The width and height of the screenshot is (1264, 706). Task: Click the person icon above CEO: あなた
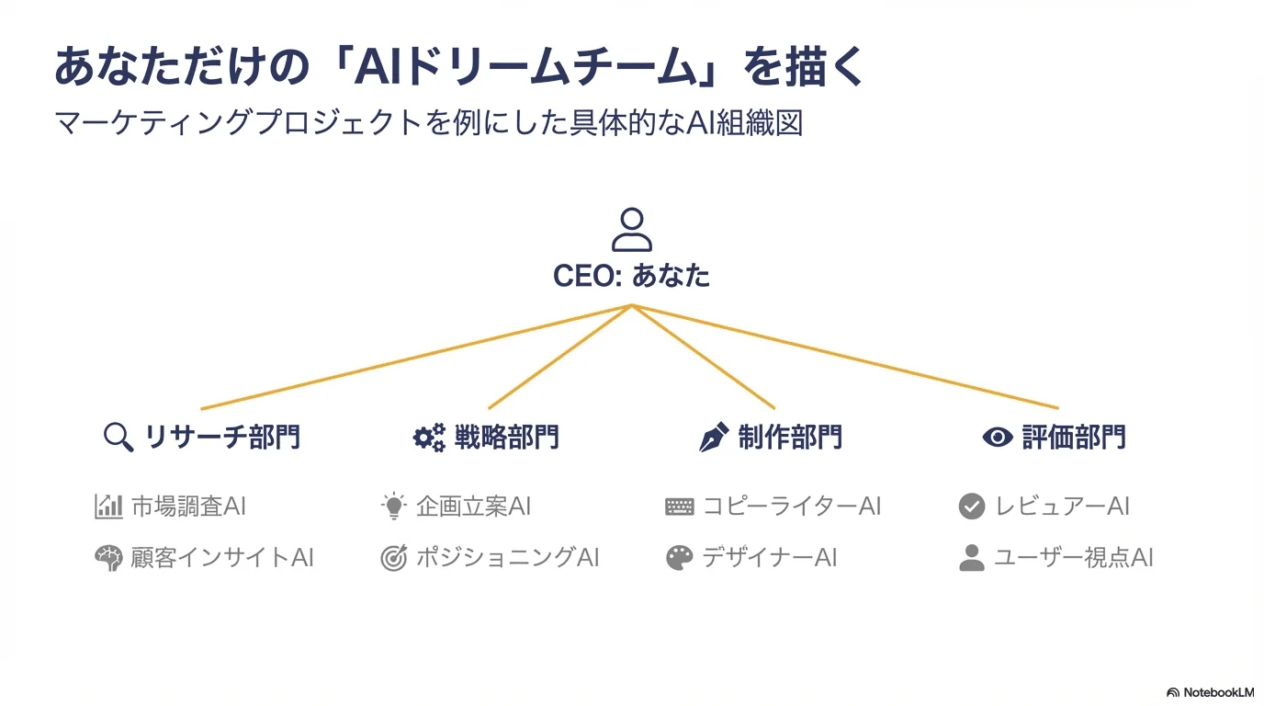631,230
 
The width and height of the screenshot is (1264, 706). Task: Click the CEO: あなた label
631,276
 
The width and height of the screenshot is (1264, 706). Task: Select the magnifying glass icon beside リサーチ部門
118,437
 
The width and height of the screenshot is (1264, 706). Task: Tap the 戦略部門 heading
506,437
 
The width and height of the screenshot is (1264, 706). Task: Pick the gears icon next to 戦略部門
428,437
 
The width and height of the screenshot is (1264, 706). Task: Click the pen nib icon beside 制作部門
714,437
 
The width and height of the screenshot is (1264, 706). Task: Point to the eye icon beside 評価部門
997,437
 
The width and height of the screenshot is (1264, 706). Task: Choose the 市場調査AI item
188,506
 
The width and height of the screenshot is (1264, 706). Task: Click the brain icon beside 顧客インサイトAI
108,558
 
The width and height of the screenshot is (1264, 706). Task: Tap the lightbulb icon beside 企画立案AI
393,506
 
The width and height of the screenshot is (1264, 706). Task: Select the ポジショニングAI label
507,558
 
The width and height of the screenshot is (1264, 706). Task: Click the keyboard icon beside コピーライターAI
680,507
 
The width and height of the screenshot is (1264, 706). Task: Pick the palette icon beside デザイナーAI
680,558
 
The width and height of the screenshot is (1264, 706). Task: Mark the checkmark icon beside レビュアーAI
971,507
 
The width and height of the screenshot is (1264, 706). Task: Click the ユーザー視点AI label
1073,558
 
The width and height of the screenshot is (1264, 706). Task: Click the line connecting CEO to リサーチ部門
413,357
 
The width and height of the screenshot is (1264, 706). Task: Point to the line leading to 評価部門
845,357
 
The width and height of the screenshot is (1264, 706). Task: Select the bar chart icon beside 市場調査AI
108,506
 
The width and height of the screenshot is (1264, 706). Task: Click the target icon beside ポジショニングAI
393,558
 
